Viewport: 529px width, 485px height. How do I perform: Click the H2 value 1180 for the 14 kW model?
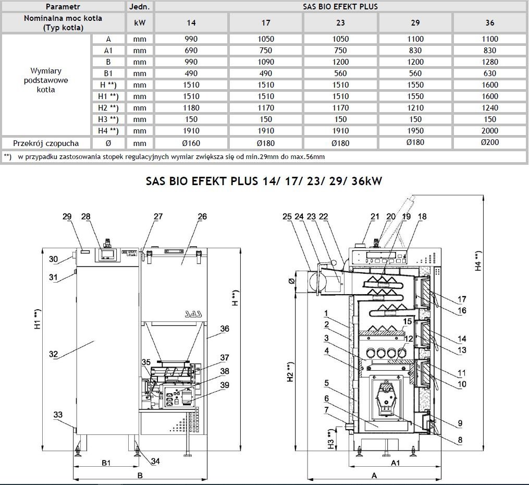coord(192,108)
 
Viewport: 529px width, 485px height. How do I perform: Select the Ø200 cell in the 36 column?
coord(490,142)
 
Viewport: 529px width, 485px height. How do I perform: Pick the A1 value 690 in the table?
coord(192,51)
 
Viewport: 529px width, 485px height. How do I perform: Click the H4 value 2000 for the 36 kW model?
coord(490,131)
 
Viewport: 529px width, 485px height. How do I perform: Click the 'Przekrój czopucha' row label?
coord(47,142)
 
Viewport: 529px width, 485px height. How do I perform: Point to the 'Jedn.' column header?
coord(140,7)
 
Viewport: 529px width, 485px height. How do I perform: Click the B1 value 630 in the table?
coord(490,74)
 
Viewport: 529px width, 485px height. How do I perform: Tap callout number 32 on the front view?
coord(53,354)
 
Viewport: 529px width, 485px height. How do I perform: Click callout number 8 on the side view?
coord(460,440)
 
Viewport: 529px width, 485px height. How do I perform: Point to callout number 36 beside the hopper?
coord(225,329)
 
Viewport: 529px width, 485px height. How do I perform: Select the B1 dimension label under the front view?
coord(106,463)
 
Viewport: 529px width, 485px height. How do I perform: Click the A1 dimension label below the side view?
coord(395,463)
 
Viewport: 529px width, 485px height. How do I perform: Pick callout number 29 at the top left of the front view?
coord(67,216)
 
